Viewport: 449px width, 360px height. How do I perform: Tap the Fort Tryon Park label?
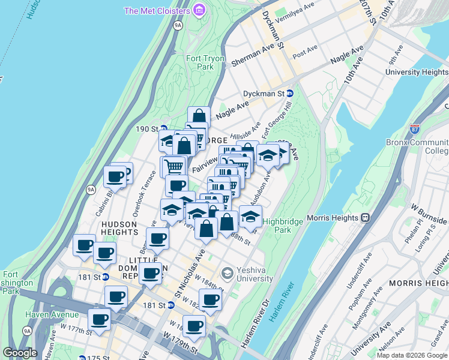click(205, 62)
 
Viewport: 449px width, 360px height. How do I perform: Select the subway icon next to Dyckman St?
click(290, 94)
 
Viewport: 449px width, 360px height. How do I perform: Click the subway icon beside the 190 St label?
click(163, 128)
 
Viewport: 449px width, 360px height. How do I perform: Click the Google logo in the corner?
click(19, 353)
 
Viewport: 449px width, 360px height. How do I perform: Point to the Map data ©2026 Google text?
click(412, 355)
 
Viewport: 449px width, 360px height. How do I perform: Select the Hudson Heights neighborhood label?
click(116, 227)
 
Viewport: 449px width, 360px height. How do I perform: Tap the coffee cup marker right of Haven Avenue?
click(99, 319)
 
